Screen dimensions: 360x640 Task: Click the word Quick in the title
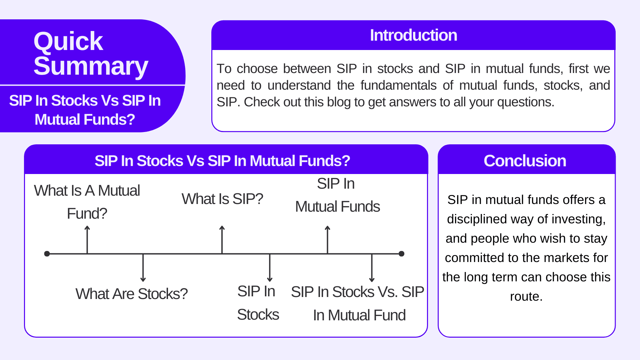pyautogui.click(x=68, y=42)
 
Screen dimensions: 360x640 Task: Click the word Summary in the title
pyautogui.click(x=91, y=66)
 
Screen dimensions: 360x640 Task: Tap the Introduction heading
pyautogui.click(x=413, y=35)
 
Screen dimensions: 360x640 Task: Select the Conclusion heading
pyautogui.click(x=525, y=161)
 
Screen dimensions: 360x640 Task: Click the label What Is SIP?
pyautogui.click(x=222, y=199)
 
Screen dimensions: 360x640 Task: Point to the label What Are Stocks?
pyautogui.click(x=131, y=294)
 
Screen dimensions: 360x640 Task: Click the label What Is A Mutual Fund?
pyautogui.click(x=87, y=202)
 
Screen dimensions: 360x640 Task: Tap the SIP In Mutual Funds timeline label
pyautogui.click(x=337, y=195)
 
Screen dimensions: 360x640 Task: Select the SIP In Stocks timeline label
pyautogui.click(x=258, y=303)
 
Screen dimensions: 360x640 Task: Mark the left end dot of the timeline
pyautogui.click(x=47, y=254)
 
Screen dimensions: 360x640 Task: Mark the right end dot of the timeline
pyautogui.click(x=401, y=254)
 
